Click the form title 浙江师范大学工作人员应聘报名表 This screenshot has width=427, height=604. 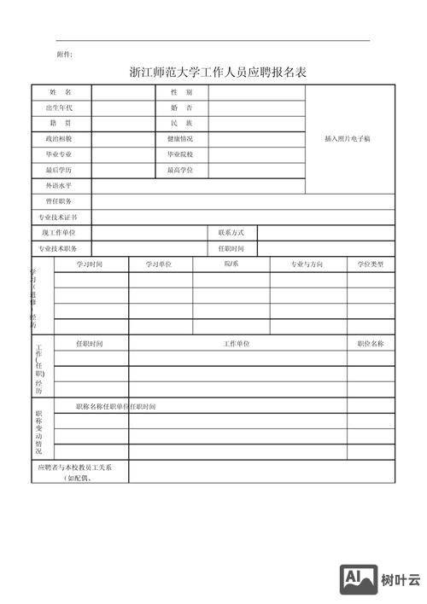pos(217,72)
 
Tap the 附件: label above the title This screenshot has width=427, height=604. pos(65,54)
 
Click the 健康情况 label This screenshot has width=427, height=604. pos(180,138)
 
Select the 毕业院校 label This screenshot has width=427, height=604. pos(180,154)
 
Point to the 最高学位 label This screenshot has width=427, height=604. pos(180,170)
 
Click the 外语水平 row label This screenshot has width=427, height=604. pos(60,185)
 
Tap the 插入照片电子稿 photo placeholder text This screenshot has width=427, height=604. pos(348,138)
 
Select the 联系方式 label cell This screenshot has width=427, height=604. pos(231,232)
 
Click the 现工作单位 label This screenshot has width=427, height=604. pos(60,232)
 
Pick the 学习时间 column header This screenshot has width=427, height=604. pos(90,264)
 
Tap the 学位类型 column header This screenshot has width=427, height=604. pos(371,264)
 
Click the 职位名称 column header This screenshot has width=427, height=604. pos(371,343)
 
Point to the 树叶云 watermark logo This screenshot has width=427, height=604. pos(381,580)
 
